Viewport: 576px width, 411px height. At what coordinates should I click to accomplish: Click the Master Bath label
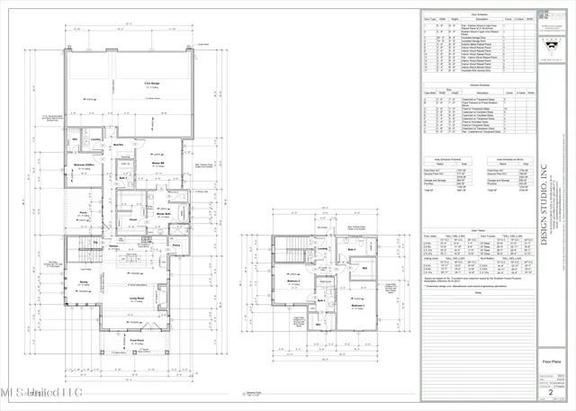coord(169,212)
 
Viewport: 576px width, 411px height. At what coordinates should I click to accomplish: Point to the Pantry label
coord(177,246)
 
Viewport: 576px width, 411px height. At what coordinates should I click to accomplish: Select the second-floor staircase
coord(292,255)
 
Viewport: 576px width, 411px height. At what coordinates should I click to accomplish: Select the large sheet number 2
coord(551,392)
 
